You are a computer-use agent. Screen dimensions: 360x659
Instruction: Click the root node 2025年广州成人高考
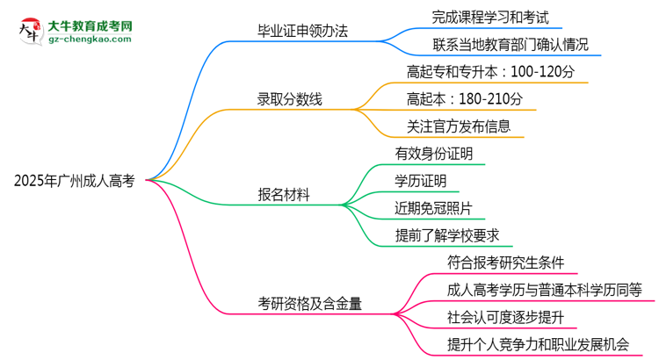pos(75,181)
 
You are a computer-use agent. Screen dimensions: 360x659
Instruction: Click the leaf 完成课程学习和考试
pos(490,16)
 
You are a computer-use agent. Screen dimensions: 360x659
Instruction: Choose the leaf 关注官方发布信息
pos(459,126)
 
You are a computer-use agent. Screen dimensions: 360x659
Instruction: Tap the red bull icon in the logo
pos(29,31)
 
